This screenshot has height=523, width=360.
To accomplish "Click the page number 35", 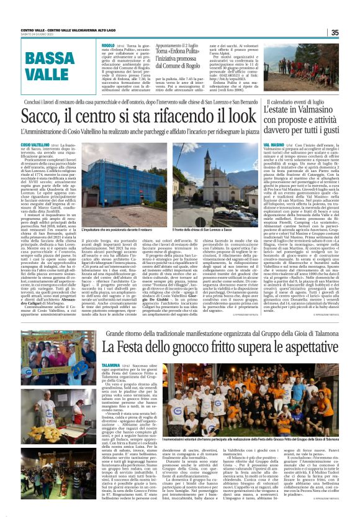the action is pos(352,32).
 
